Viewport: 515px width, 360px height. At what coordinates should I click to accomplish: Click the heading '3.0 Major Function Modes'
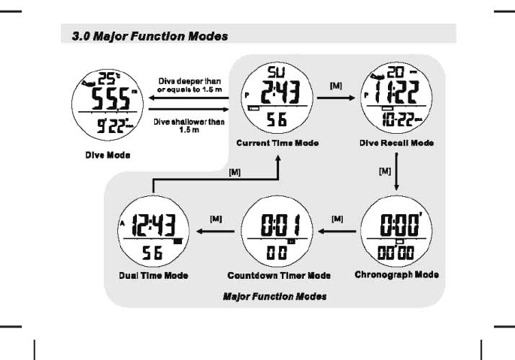(x=144, y=35)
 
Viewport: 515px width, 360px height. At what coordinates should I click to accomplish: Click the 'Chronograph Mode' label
(x=396, y=274)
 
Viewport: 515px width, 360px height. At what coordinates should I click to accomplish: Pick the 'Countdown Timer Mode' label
(x=279, y=276)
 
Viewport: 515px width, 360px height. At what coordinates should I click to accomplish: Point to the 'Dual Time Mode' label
(x=153, y=276)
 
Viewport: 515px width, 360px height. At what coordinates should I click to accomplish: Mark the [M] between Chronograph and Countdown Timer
(x=337, y=218)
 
